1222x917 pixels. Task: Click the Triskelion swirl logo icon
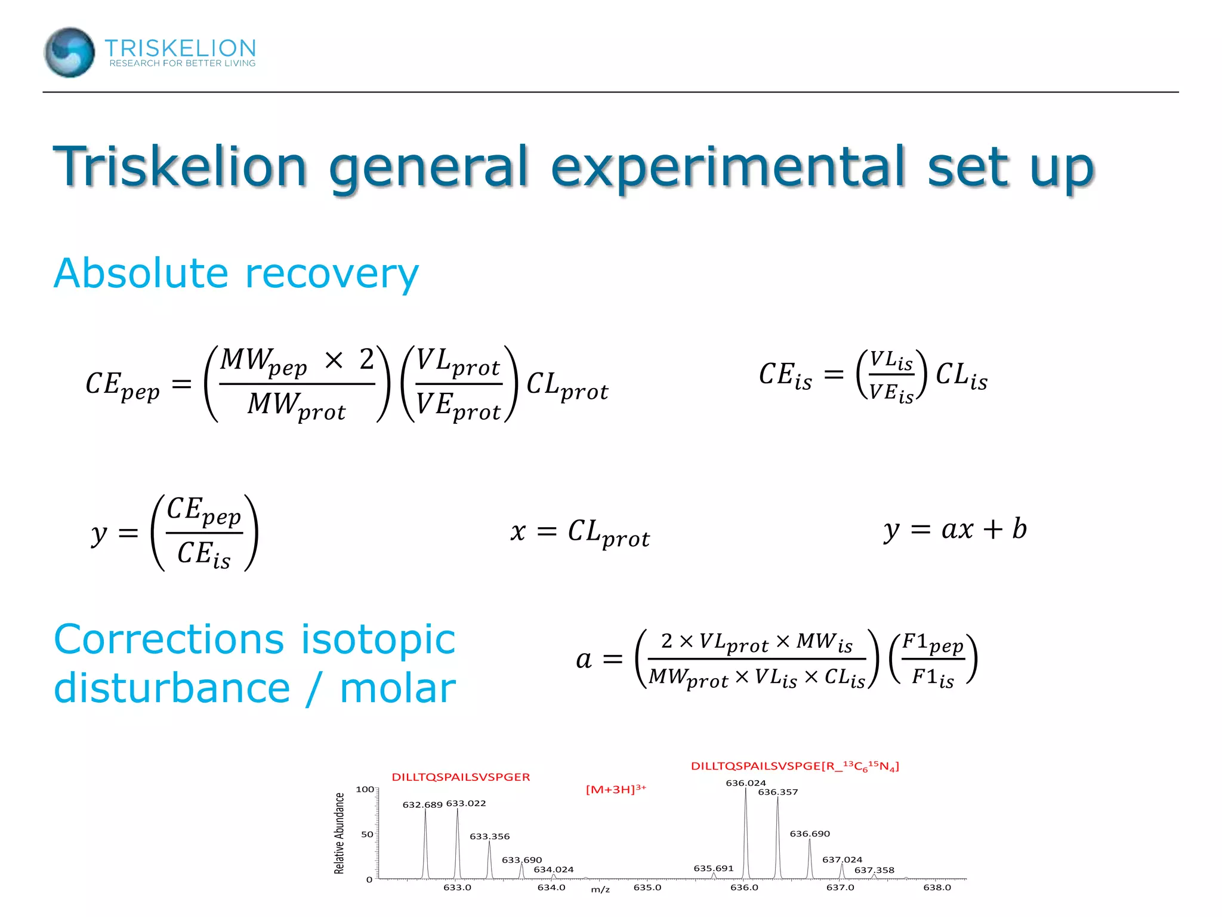click(x=69, y=53)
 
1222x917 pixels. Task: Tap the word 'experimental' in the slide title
click(x=728, y=167)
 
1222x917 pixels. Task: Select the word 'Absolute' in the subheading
click(x=141, y=273)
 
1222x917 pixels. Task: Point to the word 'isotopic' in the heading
click(x=378, y=640)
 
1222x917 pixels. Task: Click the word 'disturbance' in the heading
click(x=172, y=688)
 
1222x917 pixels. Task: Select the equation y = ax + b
click(x=955, y=530)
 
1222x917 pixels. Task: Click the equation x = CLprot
click(x=580, y=532)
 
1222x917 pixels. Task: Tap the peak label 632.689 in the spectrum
click(x=422, y=805)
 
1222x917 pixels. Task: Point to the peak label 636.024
click(x=745, y=783)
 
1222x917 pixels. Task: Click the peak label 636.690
click(x=810, y=833)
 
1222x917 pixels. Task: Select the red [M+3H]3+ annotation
click(x=616, y=789)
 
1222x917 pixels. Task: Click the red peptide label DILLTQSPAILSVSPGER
click(x=461, y=777)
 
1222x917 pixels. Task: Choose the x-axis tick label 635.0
click(x=647, y=887)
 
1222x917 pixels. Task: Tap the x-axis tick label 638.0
click(x=937, y=887)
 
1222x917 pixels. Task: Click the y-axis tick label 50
click(x=367, y=834)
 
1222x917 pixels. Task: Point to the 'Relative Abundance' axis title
click(x=340, y=833)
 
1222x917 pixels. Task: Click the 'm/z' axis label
click(x=600, y=890)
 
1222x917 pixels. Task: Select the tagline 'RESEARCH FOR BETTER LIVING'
click(x=182, y=63)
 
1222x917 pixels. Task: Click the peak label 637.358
click(x=874, y=870)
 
